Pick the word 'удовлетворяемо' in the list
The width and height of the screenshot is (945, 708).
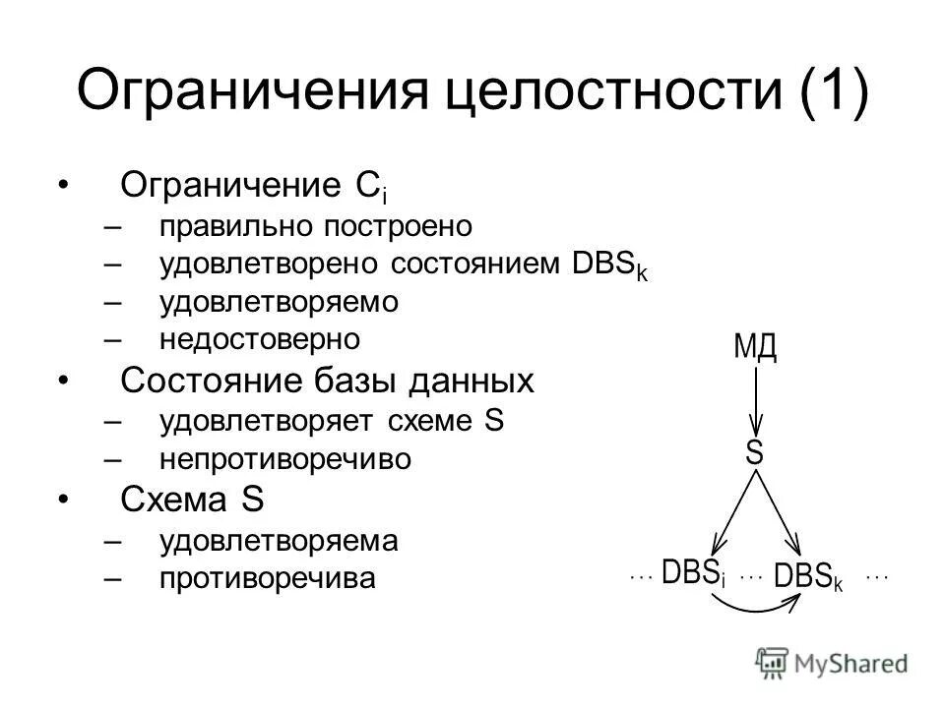(280, 302)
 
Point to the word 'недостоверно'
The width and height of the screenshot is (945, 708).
(261, 340)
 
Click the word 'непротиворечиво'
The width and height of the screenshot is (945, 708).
(285, 460)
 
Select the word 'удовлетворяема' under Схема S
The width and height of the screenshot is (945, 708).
(279, 540)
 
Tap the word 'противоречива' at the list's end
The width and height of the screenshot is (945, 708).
(268, 579)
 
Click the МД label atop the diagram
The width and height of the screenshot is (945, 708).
(755, 346)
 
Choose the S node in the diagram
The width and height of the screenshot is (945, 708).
(755, 453)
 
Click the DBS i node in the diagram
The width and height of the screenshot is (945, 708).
(693, 573)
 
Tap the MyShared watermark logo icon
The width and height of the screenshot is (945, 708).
(774, 663)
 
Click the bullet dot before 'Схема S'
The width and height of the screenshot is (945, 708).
(64, 501)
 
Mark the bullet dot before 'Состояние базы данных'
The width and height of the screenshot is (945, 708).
(64, 381)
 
